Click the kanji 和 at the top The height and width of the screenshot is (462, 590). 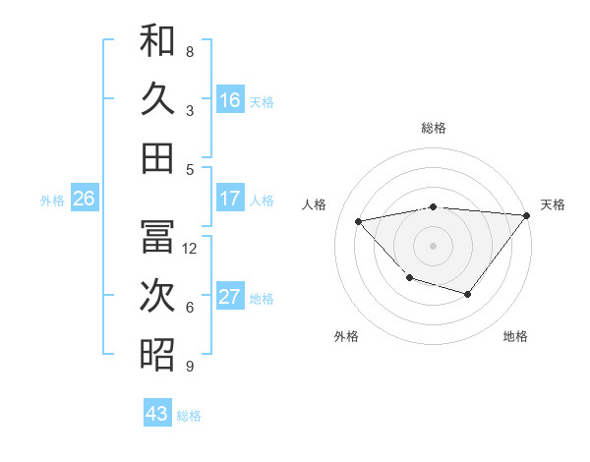click(x=157, y=41)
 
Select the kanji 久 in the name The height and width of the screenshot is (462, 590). click(x=157, y=99)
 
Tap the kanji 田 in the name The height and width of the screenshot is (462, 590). click(x=157, y=157)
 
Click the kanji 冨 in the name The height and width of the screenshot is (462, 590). click(x=157, y=237)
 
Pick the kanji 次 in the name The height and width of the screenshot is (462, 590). click(x=157, y=296)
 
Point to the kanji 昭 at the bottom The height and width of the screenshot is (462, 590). click(x=157, y=354)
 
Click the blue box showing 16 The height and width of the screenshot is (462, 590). click(x=230, y=100)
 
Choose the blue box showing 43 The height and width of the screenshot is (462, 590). click(x=157, y=414)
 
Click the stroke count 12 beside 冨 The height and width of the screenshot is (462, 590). click(x=190, y=249)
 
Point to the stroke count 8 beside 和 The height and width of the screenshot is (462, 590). click(x=190, y=51)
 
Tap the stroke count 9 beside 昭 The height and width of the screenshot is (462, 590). click(x=190, y=367)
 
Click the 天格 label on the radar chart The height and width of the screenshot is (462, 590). click(x=553, y=204)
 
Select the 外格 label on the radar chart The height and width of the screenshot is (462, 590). click(x=346, y=337)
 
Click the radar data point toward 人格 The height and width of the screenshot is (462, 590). click(x=359, y=221)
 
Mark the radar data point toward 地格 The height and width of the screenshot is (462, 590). click(x=468, y=294)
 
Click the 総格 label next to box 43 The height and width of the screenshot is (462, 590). click(x=189, y=416)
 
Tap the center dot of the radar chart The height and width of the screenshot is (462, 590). click(x=433, y=245)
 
